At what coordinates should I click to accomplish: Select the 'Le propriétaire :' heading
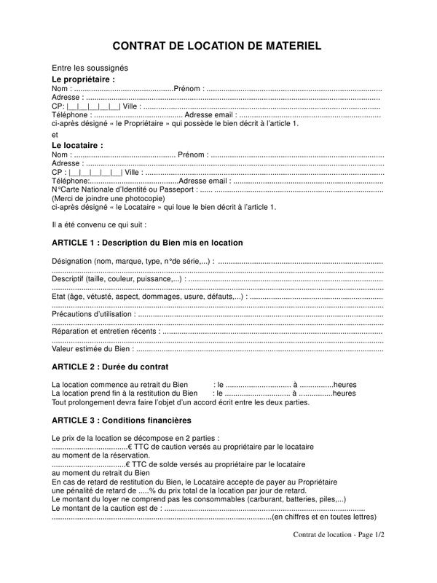coord(84,78)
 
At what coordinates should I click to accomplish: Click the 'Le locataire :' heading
coord(77,145)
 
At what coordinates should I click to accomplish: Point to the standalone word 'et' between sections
coord(55,134)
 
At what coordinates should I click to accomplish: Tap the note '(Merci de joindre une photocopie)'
coord(108,198)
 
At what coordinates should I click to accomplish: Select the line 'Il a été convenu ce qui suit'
coord(100,224)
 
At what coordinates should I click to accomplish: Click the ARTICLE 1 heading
coord(148,243)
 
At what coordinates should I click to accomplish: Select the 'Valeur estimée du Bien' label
coord(92,349)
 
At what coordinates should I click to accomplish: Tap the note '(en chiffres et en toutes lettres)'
coord(323,517)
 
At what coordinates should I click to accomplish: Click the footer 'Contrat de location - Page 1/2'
coord(339,536)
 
